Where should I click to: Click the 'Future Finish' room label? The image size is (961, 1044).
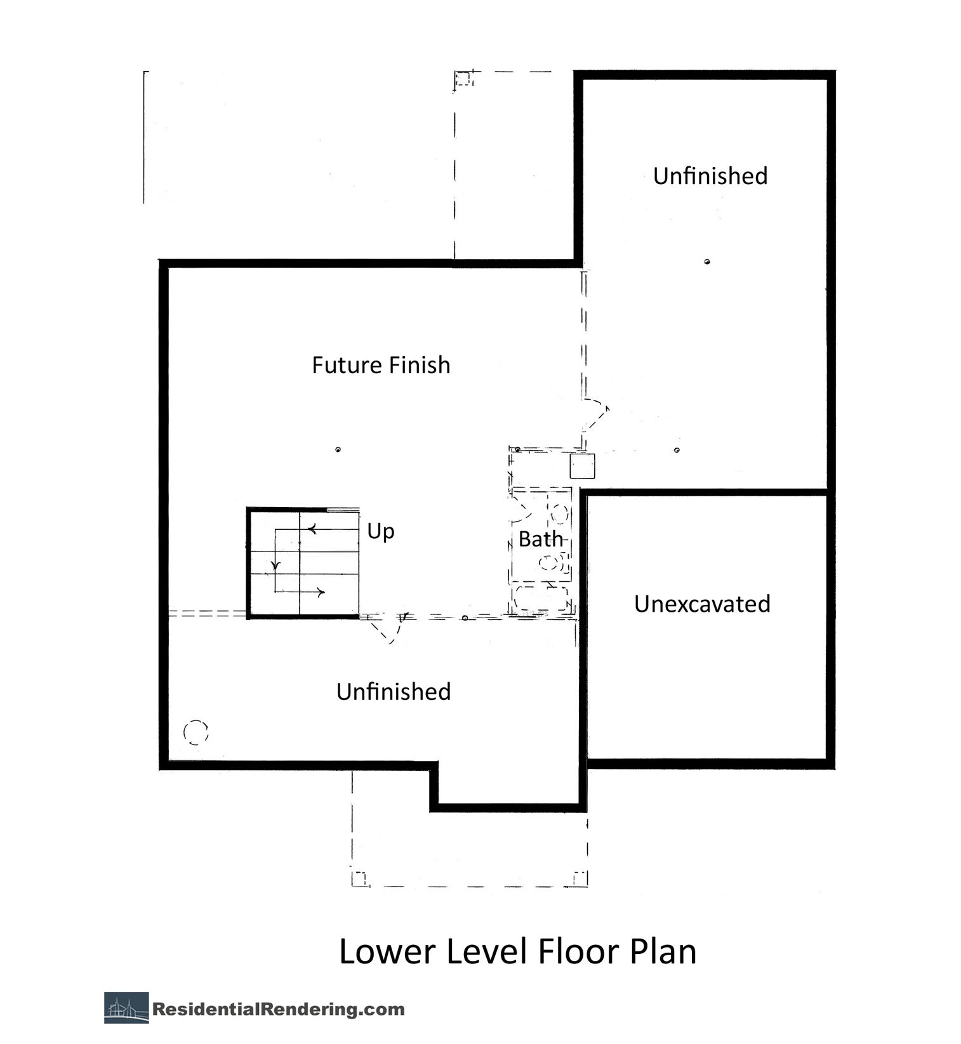coord(381,366)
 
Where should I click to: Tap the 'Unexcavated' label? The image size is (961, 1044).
coord(702,604)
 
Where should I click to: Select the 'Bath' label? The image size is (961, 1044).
coord(541,539)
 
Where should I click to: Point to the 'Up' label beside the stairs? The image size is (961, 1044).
coord(381,532)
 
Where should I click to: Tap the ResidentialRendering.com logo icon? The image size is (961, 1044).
coord(126,1008)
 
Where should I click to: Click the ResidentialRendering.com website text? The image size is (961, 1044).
coord(279,1009)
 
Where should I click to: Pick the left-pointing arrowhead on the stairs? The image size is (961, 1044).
coord(312,529)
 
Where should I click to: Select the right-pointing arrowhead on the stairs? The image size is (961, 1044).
coord(321,593)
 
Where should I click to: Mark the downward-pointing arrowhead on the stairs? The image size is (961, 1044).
coord(275,565)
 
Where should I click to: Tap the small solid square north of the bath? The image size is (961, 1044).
coord(582,466)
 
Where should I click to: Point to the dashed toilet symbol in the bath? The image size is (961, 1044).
coord(551,562)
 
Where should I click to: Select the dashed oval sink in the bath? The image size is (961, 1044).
coord(559,513)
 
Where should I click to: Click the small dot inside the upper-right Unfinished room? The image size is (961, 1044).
coord(707,261)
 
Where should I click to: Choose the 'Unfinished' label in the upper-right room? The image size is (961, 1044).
coord(710,176)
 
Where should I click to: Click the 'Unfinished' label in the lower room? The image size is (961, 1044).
coord(394,692)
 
